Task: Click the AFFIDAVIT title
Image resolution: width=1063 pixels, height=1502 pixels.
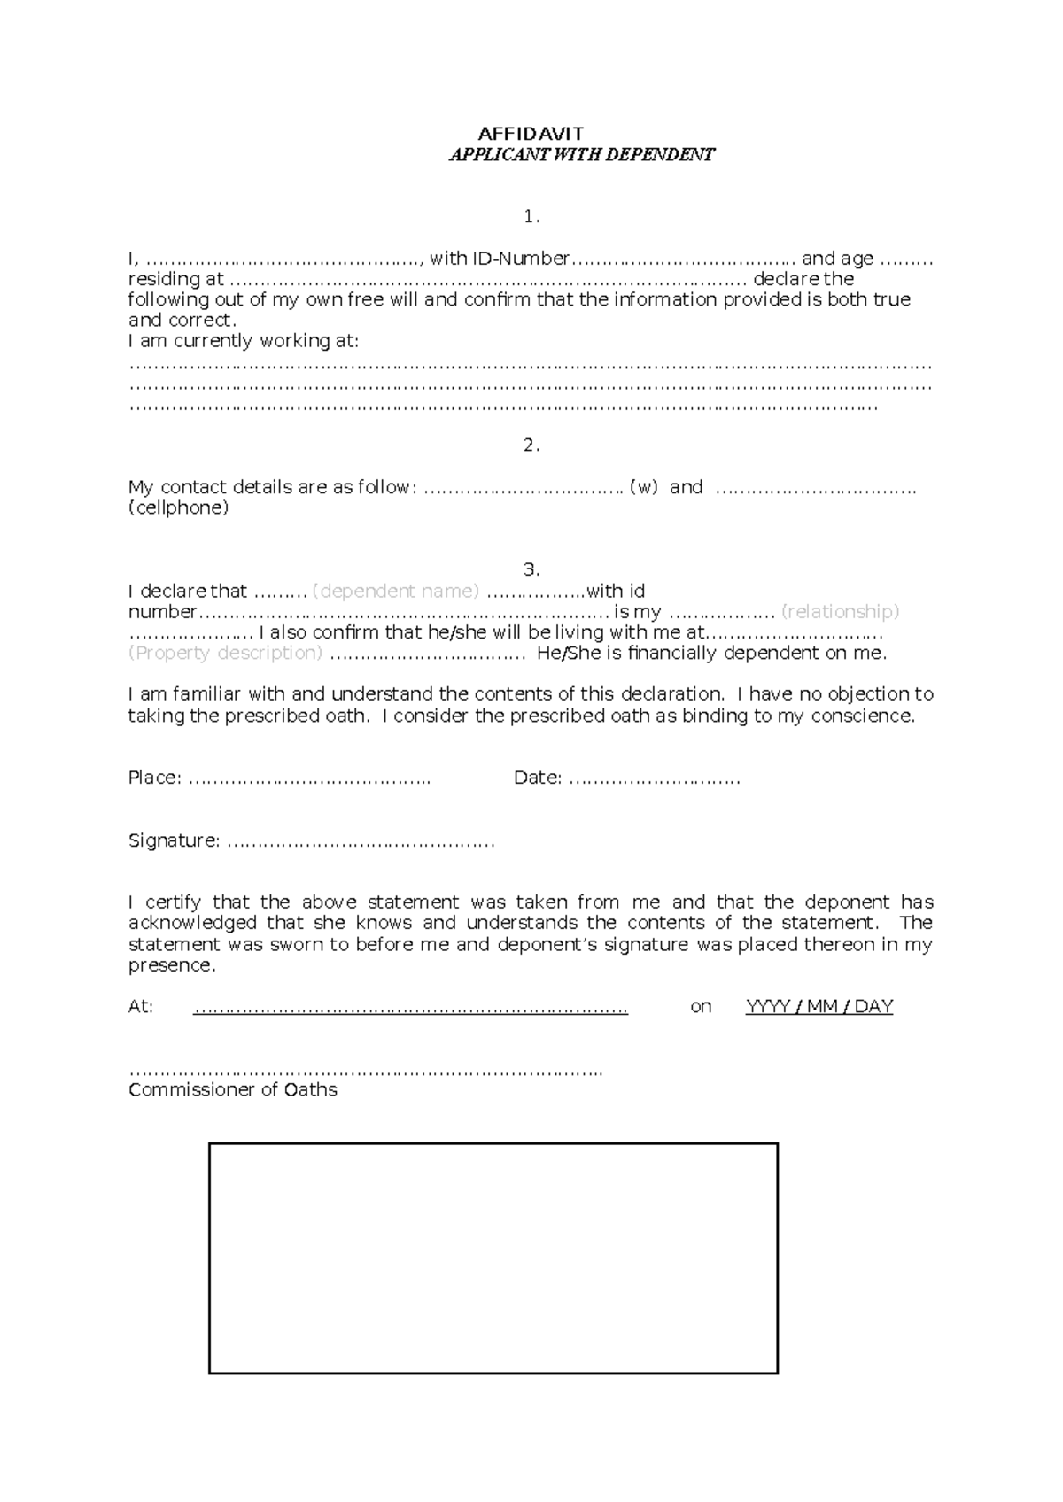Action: click(531, 134)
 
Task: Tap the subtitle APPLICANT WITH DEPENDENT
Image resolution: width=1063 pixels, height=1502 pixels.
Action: click(581, 155)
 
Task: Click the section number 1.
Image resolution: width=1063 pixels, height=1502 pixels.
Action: click(531, 216)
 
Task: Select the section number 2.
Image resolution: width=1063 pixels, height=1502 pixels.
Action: click(531, 445)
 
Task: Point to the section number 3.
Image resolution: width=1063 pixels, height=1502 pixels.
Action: click(531, 569)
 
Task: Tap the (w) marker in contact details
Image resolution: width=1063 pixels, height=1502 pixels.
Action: click(643, 487)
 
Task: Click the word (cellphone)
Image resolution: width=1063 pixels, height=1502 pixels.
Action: click(178, 507)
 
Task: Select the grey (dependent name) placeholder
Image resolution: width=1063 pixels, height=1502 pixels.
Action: click(396, 591)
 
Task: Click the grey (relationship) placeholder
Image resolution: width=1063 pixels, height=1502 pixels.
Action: click(841, 611)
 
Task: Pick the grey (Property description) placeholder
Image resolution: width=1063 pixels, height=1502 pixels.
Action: click(225, 653)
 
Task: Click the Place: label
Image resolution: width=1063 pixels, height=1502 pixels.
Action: click(155, 778)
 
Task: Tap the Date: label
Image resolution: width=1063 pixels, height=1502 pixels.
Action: click(538, 778)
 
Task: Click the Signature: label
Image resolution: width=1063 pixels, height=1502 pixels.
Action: click(174, 840)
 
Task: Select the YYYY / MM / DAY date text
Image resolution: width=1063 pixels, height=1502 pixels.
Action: click(819, 1006)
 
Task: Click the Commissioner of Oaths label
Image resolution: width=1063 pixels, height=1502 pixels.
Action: click(233, 1090)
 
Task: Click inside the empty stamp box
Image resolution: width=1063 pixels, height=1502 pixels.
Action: click(493, 1258)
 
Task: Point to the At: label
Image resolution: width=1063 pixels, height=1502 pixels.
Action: click(141, 1006)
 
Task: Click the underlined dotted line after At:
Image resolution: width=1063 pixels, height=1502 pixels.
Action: click(410, 1008)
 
